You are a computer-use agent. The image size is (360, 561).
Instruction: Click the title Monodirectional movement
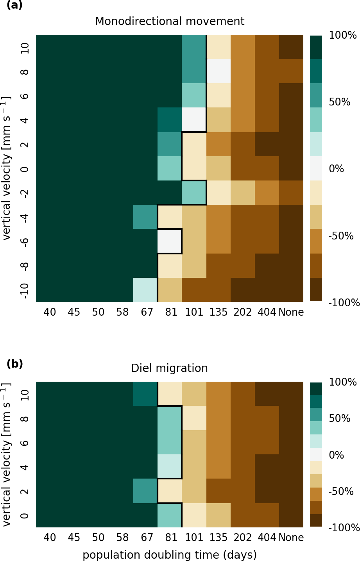click(170, 21)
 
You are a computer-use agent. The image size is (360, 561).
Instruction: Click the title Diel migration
click(169, 368)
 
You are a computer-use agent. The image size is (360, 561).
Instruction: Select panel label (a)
click(14, 5)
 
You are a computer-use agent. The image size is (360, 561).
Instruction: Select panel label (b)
click(14, 364)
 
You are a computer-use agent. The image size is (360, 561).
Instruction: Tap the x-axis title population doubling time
click(170, 555)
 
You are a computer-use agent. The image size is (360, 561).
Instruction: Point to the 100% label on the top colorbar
click(343, 36)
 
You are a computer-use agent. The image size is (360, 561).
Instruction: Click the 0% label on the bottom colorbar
click(336, 455)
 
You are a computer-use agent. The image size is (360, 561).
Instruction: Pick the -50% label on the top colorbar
click(341, 236)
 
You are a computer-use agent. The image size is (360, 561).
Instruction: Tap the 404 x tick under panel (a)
click(267, 312)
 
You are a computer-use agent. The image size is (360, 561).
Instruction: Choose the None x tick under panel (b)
click(291, 538)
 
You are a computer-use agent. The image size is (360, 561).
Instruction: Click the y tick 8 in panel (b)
click(24, 418)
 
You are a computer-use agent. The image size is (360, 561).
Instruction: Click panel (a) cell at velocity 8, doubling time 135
click(219, 71)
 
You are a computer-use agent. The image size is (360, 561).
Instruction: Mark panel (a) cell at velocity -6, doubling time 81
click(170, 241)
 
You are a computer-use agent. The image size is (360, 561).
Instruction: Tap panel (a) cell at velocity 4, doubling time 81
click(170, 120)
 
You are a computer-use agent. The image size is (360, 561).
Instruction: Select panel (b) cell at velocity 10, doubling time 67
click(145, 394)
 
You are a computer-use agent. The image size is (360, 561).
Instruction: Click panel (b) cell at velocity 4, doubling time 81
click(170, 466)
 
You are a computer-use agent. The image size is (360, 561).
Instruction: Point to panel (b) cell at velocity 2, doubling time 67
click(145, 491)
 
